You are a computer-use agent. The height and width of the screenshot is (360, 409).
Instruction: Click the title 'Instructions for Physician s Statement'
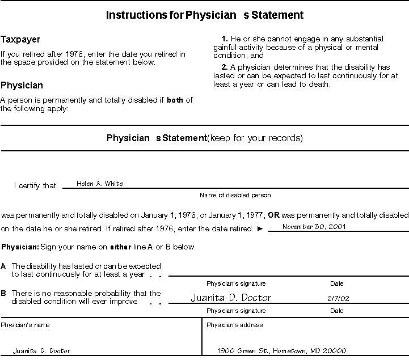(x=204, y=15)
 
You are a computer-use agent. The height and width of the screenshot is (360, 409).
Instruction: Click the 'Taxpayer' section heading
(x=20, y=40)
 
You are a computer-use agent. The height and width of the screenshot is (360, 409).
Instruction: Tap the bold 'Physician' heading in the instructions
(x=22, y=86)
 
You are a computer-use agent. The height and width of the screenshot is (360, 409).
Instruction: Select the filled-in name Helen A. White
(x=100, y=183)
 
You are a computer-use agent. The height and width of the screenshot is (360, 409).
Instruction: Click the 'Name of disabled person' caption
(x=235, y=195)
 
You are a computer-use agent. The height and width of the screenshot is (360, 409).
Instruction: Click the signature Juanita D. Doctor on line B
(x=231, y=298)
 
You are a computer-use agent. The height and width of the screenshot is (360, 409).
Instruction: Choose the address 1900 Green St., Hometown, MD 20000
(x=282, y=350)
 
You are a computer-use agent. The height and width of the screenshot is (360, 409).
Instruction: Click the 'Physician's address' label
(x=234, y=325)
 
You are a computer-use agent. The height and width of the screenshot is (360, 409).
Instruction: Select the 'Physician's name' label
(x=25, y=325)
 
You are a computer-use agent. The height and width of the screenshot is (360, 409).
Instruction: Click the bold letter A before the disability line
(x=3, y=266)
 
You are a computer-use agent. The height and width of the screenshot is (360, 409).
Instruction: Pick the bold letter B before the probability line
(x=3, y=294)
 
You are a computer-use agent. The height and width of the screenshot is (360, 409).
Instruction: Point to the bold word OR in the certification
(x=274, y=215)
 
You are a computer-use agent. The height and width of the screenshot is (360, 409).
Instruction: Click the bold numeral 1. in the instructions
(x=225, y=39)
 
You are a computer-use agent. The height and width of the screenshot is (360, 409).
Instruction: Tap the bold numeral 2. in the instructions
(x=225, y=67)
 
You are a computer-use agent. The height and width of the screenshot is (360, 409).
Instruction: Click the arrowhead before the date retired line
(x=260, y=229)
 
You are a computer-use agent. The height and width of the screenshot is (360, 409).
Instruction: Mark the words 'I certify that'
(x=35, y=185)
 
